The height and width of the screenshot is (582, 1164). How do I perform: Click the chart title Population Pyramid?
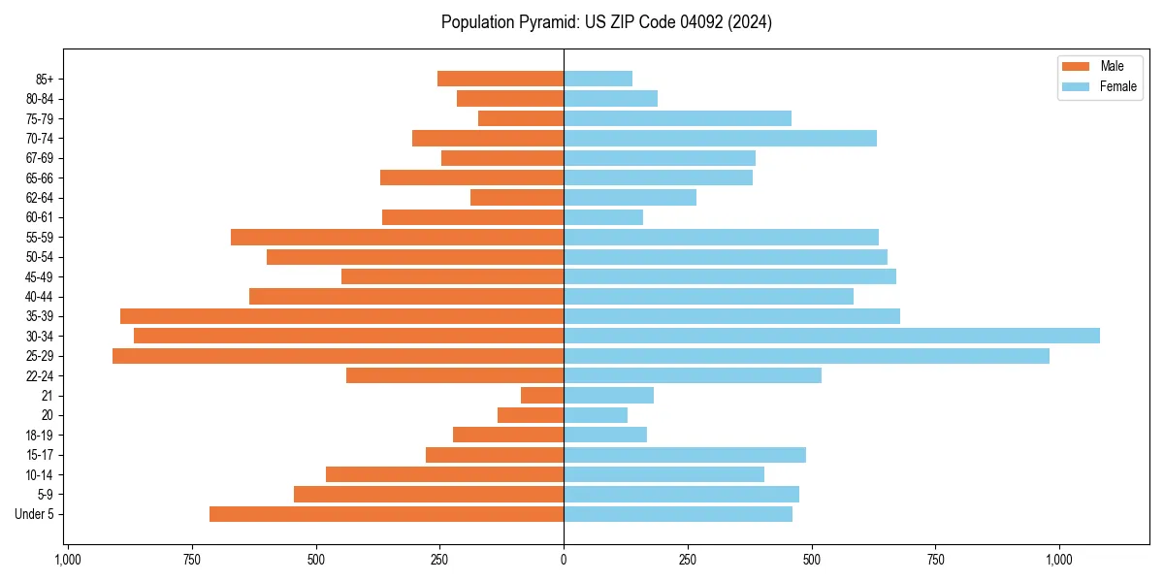pyautogui.click(x=606, y=22)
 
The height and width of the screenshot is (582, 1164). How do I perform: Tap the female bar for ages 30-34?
pyautogui.click(x=831, y=336)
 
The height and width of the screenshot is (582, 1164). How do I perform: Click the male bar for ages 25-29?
pyautogui.click(x=338, y=356)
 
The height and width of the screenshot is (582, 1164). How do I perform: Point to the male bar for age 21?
pyautogui.click(x=542, y=396)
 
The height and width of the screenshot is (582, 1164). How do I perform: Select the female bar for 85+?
pyautogui.click(x=598, y=79)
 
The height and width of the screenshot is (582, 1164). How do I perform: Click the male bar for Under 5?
pyautogui.click(x=386, y=514)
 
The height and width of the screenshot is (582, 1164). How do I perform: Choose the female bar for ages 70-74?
pyautogui.click(x=720, y=138)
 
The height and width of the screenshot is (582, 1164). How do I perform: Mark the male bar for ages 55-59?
pyautogui.click(x=397, y=237)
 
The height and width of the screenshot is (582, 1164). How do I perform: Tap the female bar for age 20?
pyautogui.click(x=596, y=415)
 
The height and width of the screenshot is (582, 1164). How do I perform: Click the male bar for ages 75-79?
pyautogui.click(x=521, y=118)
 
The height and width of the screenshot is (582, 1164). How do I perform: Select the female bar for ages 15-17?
pyautogui.click(x=685, y=455)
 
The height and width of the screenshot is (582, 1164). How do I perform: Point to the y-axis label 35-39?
pyautogui.click(x=40, y=316)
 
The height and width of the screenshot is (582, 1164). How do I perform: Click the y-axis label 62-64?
pyautogui.click(x=40, y=198)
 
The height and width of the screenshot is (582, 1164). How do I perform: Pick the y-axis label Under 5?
pyautogui.click(x=35, y=514)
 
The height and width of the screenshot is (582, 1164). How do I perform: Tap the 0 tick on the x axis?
pyautogui.click(x=564, y=560)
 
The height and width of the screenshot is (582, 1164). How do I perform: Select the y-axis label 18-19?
pyautogui.click(x=40, y=436)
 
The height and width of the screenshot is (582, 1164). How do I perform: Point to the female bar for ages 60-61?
pyautogui.click(x=603, y=217)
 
